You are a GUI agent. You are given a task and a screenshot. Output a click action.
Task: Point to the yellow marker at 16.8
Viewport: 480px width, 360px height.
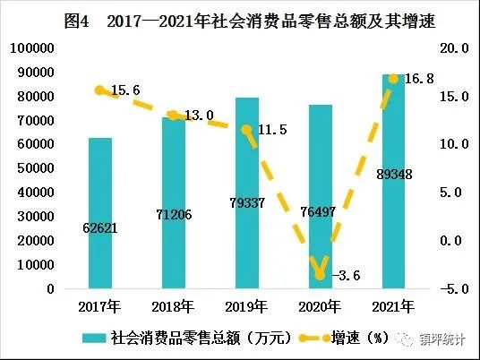[x=393, y=79]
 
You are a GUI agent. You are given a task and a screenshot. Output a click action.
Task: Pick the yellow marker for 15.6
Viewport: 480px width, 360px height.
[x=100, y=90]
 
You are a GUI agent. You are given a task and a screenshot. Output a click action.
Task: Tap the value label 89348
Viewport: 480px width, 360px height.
[x=394, y=174]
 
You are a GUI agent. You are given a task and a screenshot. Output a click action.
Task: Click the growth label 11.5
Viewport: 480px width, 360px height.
[x=271, y=131]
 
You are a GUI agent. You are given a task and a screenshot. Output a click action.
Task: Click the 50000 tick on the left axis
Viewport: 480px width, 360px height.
[x=30, y=168]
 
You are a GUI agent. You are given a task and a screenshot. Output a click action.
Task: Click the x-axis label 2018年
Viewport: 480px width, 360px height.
[x=174, y=306]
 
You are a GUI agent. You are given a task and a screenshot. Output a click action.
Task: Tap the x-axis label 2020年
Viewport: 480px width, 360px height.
[x=320, y=306]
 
